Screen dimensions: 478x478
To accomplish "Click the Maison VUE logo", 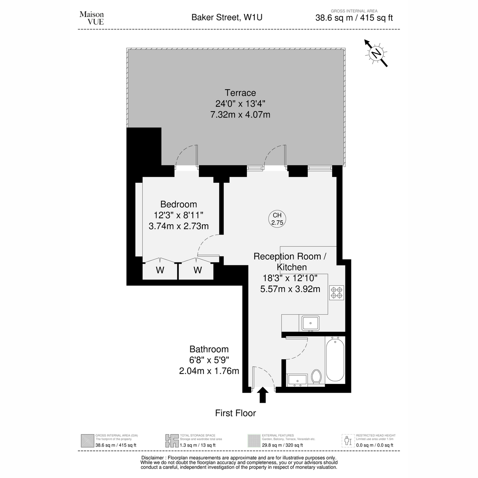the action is click(x=92, y=18).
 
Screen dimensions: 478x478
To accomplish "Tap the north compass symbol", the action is click(x=376, y=53).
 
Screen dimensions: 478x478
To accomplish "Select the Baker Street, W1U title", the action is click(x=227, y=18).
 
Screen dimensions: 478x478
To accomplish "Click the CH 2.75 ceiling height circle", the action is click(x=277, y=219).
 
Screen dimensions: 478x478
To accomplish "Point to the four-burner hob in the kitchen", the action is click(x=337, y=293).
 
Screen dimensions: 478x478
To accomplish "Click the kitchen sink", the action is click(x=310, y=323).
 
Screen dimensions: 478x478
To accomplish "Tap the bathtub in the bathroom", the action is click(x=335, y=360).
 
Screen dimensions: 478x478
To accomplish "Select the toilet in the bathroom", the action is click(x=316, y=376).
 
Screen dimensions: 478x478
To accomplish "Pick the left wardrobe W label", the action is click(x=160, y=270).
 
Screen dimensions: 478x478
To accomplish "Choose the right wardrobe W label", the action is click(x=198, y=270).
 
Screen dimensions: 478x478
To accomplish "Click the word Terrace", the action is click(x=240, y=93).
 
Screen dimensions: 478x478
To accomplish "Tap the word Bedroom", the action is click(x=178, y=204).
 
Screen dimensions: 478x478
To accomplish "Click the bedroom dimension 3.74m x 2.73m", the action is click(x=178, y=226).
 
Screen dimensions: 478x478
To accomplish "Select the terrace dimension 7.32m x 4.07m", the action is click(x=240, y=115).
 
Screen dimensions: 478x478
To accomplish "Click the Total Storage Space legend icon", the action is click(x=172, y=441).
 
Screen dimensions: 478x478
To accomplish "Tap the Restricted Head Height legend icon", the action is click(x=348, y=441).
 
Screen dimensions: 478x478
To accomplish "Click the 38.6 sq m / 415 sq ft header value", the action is click(x=354, y=18).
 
